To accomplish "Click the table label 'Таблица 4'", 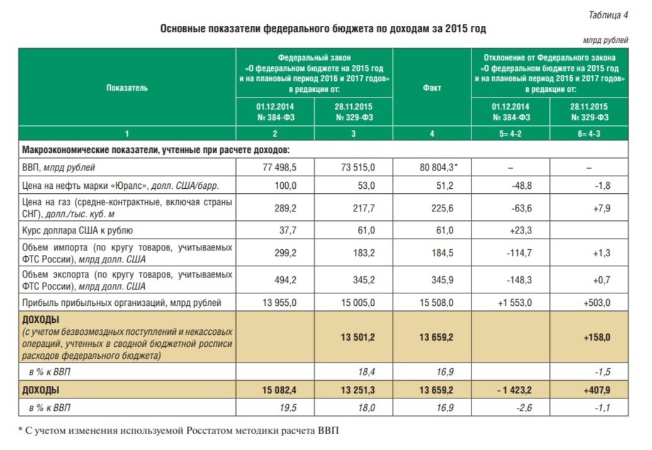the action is point(608,15).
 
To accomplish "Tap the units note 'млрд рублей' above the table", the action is point(605,40).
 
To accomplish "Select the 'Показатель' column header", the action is point(127,87).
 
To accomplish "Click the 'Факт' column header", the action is point(432,87).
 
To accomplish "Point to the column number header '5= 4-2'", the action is point(510,133).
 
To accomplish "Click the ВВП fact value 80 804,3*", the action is point(439,167).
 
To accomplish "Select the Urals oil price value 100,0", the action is point(286,186).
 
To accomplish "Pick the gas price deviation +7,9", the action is point(602,208).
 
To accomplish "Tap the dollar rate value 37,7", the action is point(288,230).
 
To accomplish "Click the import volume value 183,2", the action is point(364,253).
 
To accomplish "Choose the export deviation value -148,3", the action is point(519,280).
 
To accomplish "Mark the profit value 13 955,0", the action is point(279,303).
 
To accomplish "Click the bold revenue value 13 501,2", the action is point(357,337).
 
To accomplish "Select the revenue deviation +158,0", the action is point(597,337).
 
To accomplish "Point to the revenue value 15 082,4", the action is point(279,390).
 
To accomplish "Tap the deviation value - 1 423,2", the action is point(514,390).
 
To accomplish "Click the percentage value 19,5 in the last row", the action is point(288,408).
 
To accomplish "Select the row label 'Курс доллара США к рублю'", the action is point(77,230).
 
